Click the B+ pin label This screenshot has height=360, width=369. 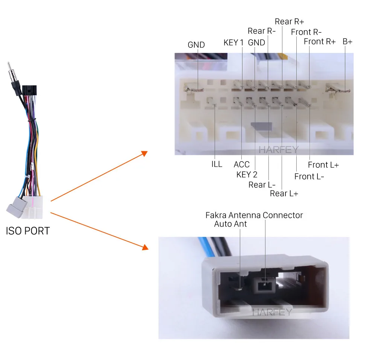tap(347, 42)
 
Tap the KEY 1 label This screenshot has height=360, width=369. tap(233, 43)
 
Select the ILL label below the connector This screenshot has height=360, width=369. tap(217, 164)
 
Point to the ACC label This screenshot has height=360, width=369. tap(241, 164)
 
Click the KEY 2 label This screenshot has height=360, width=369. tap(247, 175)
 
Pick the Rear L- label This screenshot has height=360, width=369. tap(262, 185)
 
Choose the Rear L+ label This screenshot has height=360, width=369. tap(284, 193)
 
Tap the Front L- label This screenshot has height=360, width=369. tap(309, 176)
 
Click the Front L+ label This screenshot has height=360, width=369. tap(323, 165)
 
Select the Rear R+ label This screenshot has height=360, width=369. tap(290, 22)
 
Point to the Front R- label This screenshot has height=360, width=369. tap(306, 32)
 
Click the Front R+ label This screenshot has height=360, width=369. tap(320, 42)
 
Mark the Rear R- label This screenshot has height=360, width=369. tap(261, 31)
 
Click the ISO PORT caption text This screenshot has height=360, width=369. tap(28, 231)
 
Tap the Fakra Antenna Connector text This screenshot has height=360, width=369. tap(254, 215)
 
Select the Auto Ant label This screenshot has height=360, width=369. tap(230, 224)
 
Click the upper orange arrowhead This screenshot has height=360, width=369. tap(144, 153)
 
